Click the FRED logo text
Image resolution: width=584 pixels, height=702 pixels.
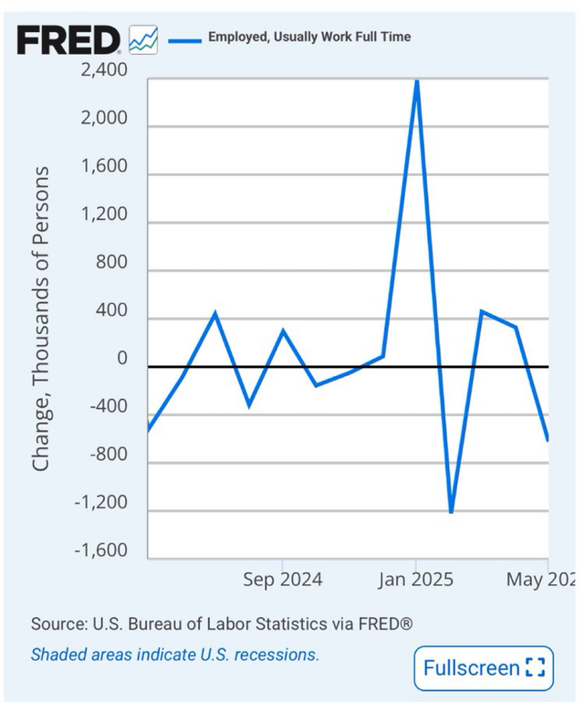68,39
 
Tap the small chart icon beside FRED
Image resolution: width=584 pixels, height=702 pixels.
143,39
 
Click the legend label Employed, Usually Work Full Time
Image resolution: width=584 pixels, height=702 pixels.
309,37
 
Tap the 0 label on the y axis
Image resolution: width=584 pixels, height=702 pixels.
121,359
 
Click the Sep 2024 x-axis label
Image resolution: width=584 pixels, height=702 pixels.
282,580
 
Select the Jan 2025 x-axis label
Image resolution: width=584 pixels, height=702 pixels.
416,580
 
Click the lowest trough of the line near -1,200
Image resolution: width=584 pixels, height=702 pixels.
451,512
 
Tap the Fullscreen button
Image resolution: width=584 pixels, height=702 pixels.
483,668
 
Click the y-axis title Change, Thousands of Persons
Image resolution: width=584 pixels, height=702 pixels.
41,320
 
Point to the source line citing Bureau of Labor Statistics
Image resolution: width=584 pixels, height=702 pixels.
222,624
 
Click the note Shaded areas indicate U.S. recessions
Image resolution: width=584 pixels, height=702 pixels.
175,655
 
